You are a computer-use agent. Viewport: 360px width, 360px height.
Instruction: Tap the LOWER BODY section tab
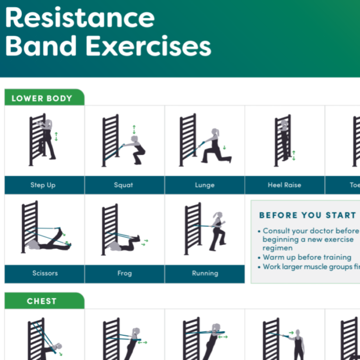(x=42, y=98)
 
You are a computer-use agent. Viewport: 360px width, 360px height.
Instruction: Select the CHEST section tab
(x=42, y=301)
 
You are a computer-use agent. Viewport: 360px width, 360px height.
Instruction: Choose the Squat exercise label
(x=124, y=185)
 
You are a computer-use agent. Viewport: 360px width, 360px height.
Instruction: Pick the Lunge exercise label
(x=204, y=185)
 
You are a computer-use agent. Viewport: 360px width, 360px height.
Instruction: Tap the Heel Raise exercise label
(x=284, y=185)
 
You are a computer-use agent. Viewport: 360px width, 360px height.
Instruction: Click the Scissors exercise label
(x=45, y=273)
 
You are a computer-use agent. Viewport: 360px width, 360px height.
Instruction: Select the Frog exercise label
(x=124, y=273)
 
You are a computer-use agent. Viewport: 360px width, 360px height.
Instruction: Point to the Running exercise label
(x=205, y=273)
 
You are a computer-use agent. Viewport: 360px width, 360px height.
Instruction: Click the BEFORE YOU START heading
(x=307, y=215)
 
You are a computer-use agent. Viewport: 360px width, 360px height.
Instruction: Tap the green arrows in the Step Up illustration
(x=57, y=136)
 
